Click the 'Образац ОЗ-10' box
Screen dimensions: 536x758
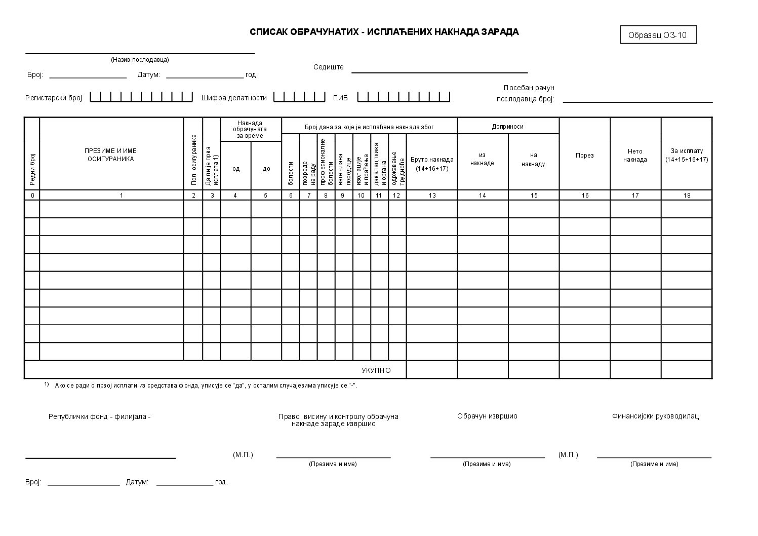tap(658, 35)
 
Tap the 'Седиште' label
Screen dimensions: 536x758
tap(328, 67)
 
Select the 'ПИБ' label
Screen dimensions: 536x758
tap(340, 98)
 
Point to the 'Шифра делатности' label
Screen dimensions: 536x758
tap(234, 98)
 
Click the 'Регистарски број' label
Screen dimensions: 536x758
tap(54, 98)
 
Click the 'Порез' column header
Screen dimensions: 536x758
tap(584, 156)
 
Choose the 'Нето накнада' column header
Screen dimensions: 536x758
tap(635, 155)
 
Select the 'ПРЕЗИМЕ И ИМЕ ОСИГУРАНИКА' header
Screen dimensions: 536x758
tap(110, 155)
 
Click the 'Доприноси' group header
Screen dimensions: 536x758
tap(507, 126)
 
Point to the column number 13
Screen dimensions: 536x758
tap(432, 196)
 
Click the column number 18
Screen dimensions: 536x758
tap(687, 196)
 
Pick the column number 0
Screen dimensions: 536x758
tap(32, 196)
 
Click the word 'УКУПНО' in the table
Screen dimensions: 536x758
tap(376, 370)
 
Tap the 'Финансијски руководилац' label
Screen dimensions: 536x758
tap(655, 416)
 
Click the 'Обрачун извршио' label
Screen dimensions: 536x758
tap(487, 416)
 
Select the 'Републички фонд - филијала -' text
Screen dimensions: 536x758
tap(100, 416)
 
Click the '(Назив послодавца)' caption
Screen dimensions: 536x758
tap(140, 60)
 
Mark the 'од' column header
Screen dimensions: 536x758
tap(236, 169)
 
